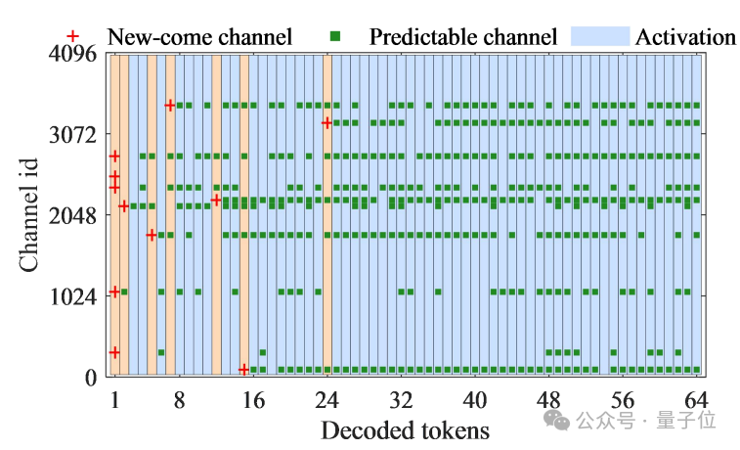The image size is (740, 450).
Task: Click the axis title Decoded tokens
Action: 405,430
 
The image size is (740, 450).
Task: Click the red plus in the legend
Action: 85,36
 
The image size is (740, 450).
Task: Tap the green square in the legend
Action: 334,36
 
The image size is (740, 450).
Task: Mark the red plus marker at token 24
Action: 326,122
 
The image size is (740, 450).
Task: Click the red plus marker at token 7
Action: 170,105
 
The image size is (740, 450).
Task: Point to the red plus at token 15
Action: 243,369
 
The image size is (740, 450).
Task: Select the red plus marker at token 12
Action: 216,200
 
